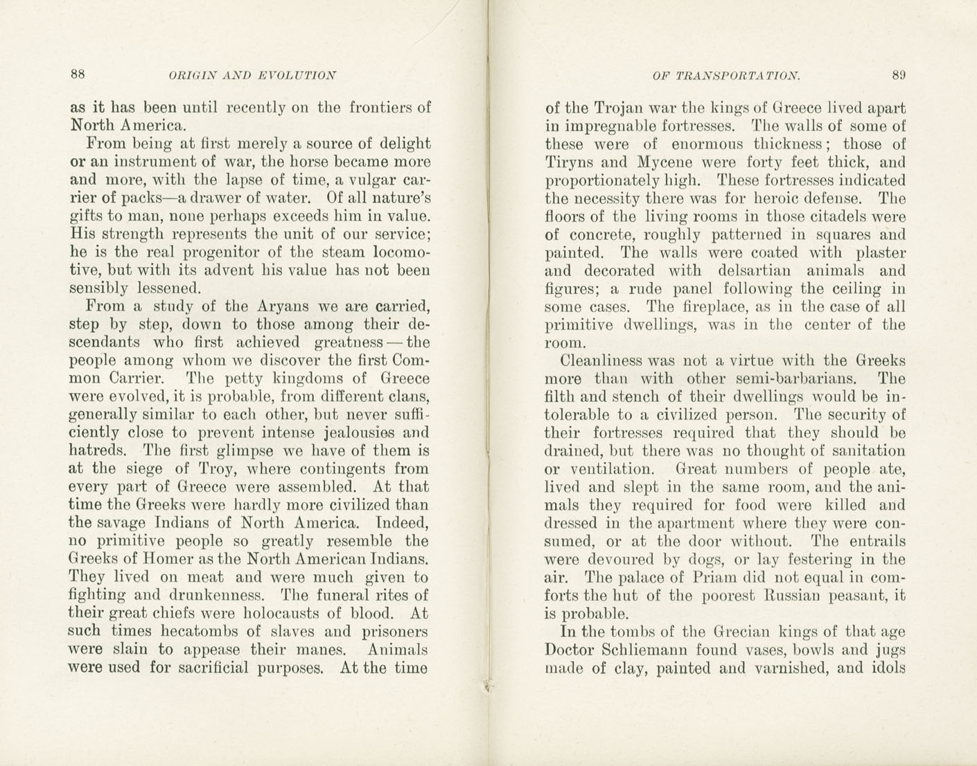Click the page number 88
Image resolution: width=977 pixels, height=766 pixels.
coord(78,73)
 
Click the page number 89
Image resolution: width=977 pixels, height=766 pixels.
coord(899,74)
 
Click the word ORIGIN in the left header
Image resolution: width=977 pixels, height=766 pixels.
coord(189,75)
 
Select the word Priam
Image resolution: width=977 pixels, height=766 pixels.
coord(704,577)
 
